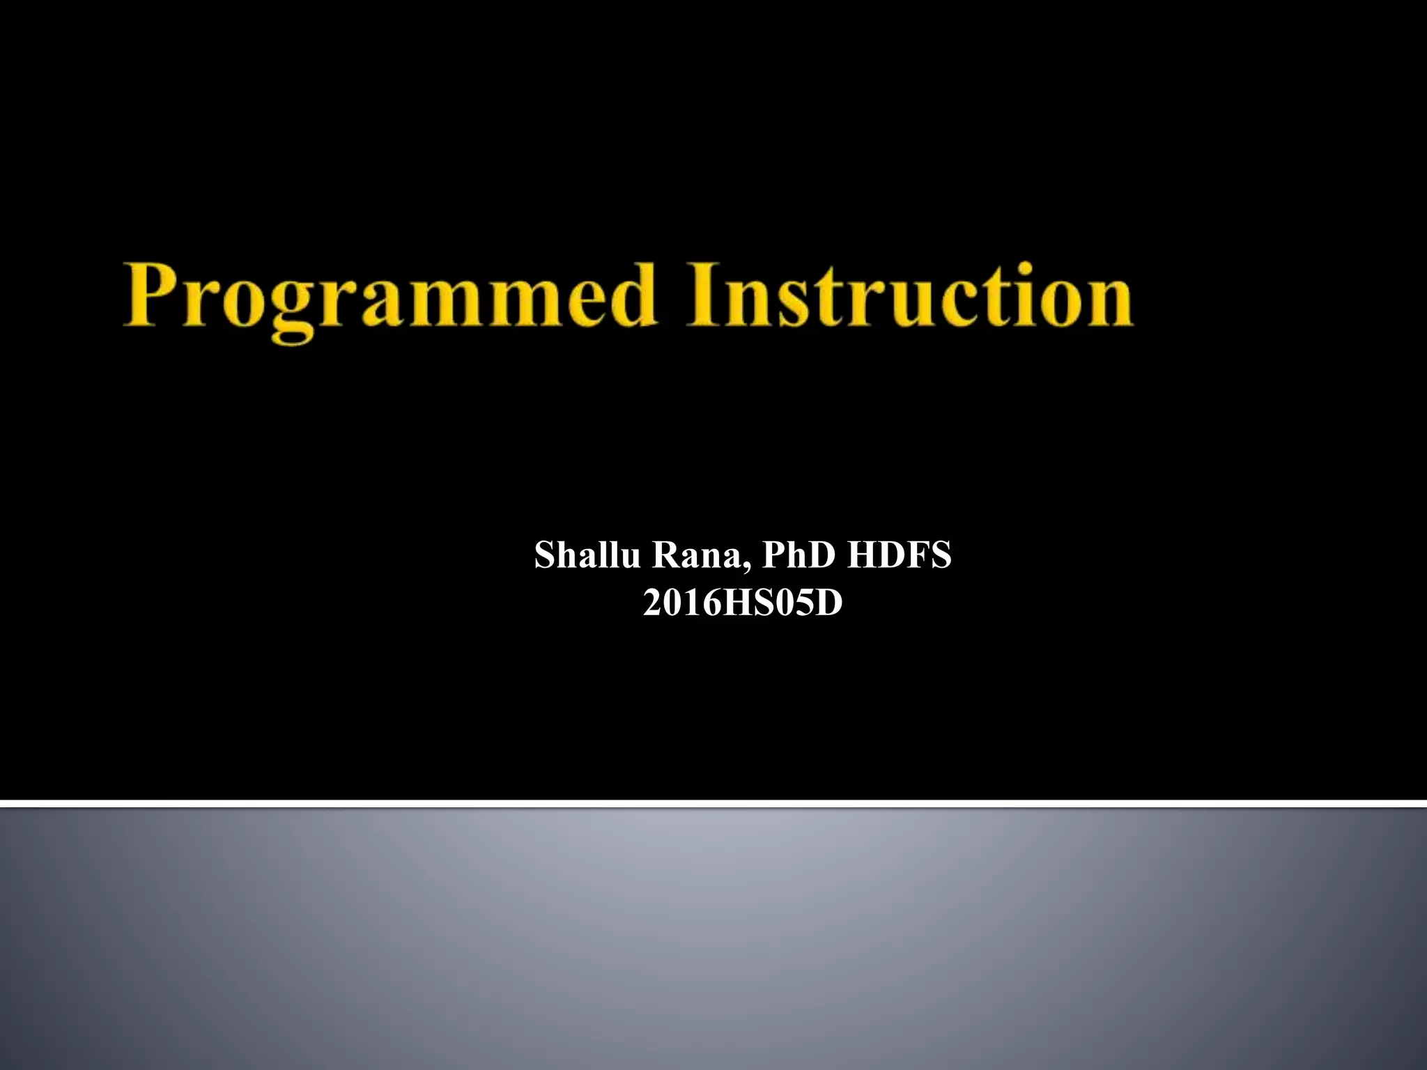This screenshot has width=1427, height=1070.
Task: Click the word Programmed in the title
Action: click(x=390, y=296)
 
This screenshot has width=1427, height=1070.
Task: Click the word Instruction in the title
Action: click(x=909, y=296)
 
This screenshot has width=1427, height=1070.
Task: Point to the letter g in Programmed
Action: click(x=293, y=310)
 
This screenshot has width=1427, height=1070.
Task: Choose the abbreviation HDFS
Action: click(x=899, y=556)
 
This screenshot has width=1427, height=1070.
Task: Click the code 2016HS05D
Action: click(x=743, y=603)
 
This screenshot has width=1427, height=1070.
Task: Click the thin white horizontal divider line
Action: click(x=713, y=804)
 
